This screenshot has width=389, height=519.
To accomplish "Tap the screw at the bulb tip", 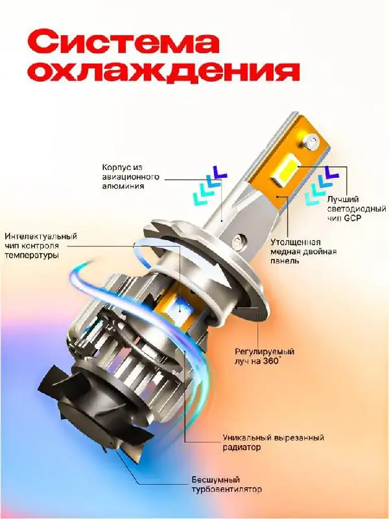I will click(x=312, y=138).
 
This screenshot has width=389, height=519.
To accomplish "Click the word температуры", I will click(x=30, y=256).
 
